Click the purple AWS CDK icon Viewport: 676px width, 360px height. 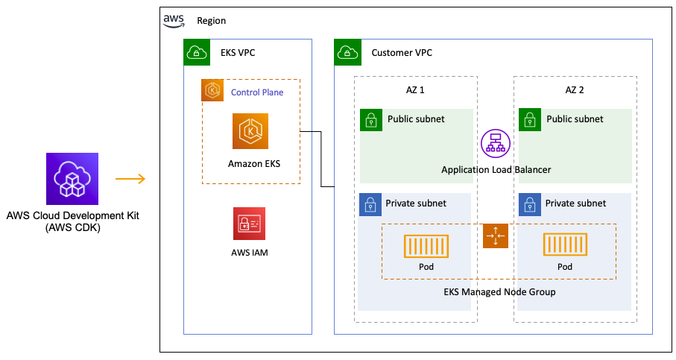click(x=72, y=179)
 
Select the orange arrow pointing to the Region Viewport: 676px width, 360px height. click(x=130, y=179)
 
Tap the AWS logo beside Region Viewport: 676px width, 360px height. click(x=174, y=20)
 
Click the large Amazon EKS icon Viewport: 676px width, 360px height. click(x=250, y=132)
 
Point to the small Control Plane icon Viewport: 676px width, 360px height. click(x=213, y=91)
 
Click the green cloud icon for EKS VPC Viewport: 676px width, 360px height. click(x=196, y=52)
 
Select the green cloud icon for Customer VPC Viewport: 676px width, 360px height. click(x=347, y=52)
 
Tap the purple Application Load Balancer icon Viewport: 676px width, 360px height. click(x=493, y=142)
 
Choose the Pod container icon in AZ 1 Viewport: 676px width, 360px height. click(x=426, y=245)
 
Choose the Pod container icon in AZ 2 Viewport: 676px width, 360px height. click(x=565, y=245)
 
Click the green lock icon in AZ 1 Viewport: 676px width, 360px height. click(x=370, y=119)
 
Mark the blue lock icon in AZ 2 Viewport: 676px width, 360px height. click(x=530, y=204)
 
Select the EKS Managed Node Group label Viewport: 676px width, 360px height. click(x=495, y=291)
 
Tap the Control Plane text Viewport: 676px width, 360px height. click(x=256, y=92)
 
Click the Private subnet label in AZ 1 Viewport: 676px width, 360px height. click(x=416, y=203)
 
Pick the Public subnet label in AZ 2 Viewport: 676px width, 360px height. click(x=575, y=119)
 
